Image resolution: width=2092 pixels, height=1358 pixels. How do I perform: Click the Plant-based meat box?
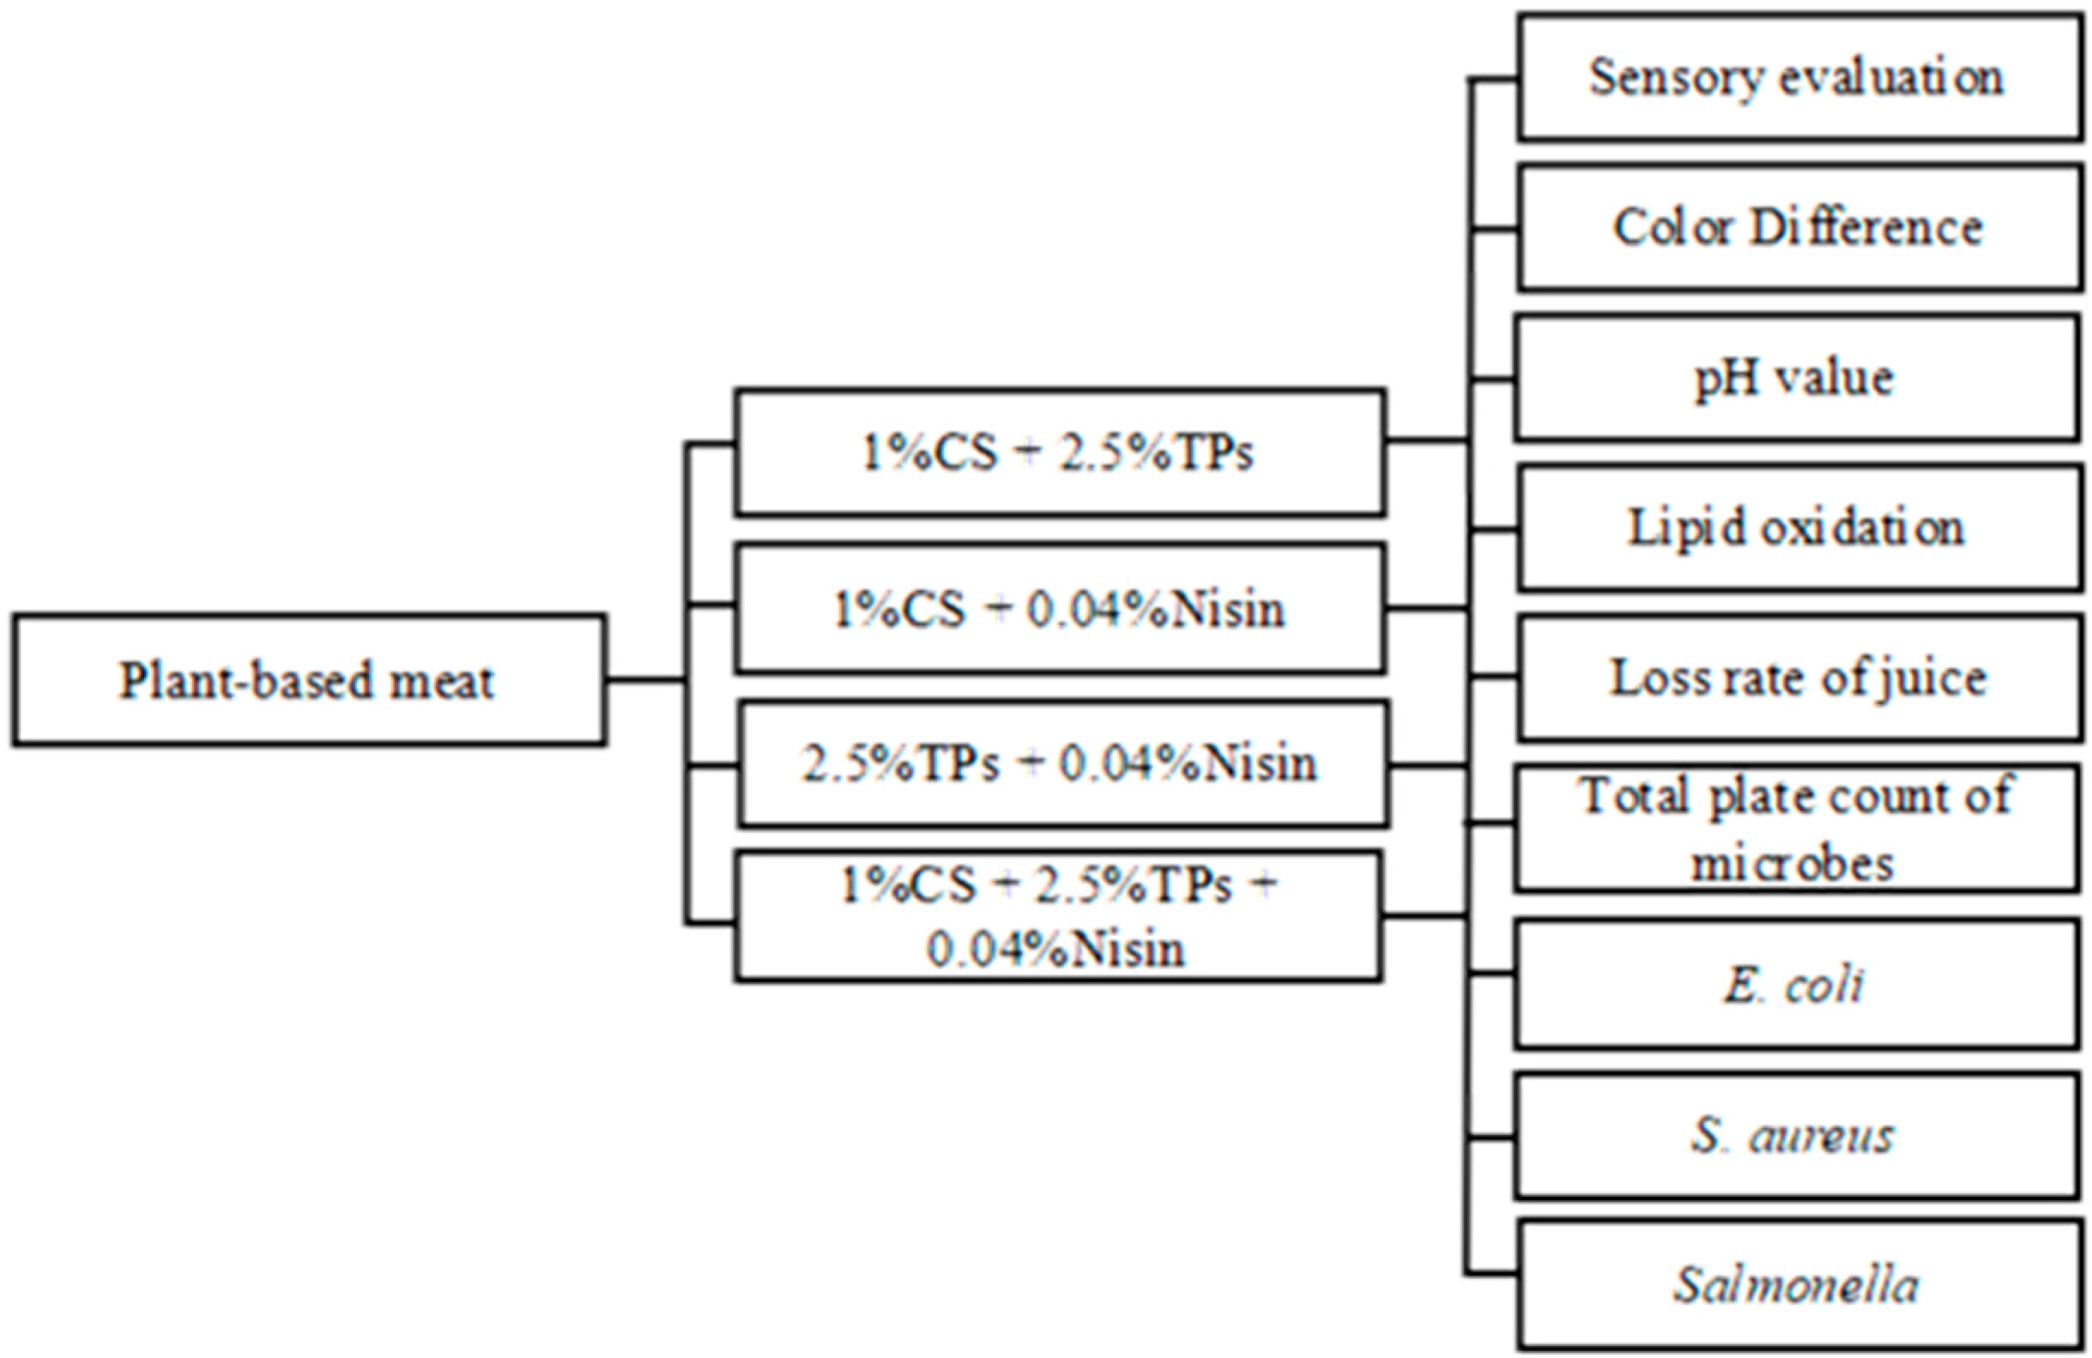[x=308, y=680]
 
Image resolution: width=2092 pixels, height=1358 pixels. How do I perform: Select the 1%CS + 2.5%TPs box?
[x=1059, y=453]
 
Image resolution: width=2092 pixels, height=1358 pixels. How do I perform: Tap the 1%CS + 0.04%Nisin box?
[x=1059, y=608]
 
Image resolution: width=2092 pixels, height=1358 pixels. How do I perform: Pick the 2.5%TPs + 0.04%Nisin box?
[x=1061, y=763]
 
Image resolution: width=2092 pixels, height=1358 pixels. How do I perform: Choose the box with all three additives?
[x=1057, y=916]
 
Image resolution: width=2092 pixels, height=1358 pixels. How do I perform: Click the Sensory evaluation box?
[x=1798, y=77]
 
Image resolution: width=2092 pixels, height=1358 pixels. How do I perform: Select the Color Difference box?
[x=1798, y=227]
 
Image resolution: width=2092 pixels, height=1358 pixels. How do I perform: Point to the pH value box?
[x=1796, y=379]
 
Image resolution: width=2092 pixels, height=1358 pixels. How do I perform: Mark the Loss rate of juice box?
[x=1798, y=679]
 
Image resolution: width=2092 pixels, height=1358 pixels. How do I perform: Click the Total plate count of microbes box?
[x=1796, y=829]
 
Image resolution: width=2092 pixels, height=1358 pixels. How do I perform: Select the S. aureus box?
[x=1795, y=1136]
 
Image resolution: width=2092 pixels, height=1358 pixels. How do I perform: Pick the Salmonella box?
[x=1798, y=1286]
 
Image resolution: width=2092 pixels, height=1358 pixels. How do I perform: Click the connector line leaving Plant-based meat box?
[x=646, y=679]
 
